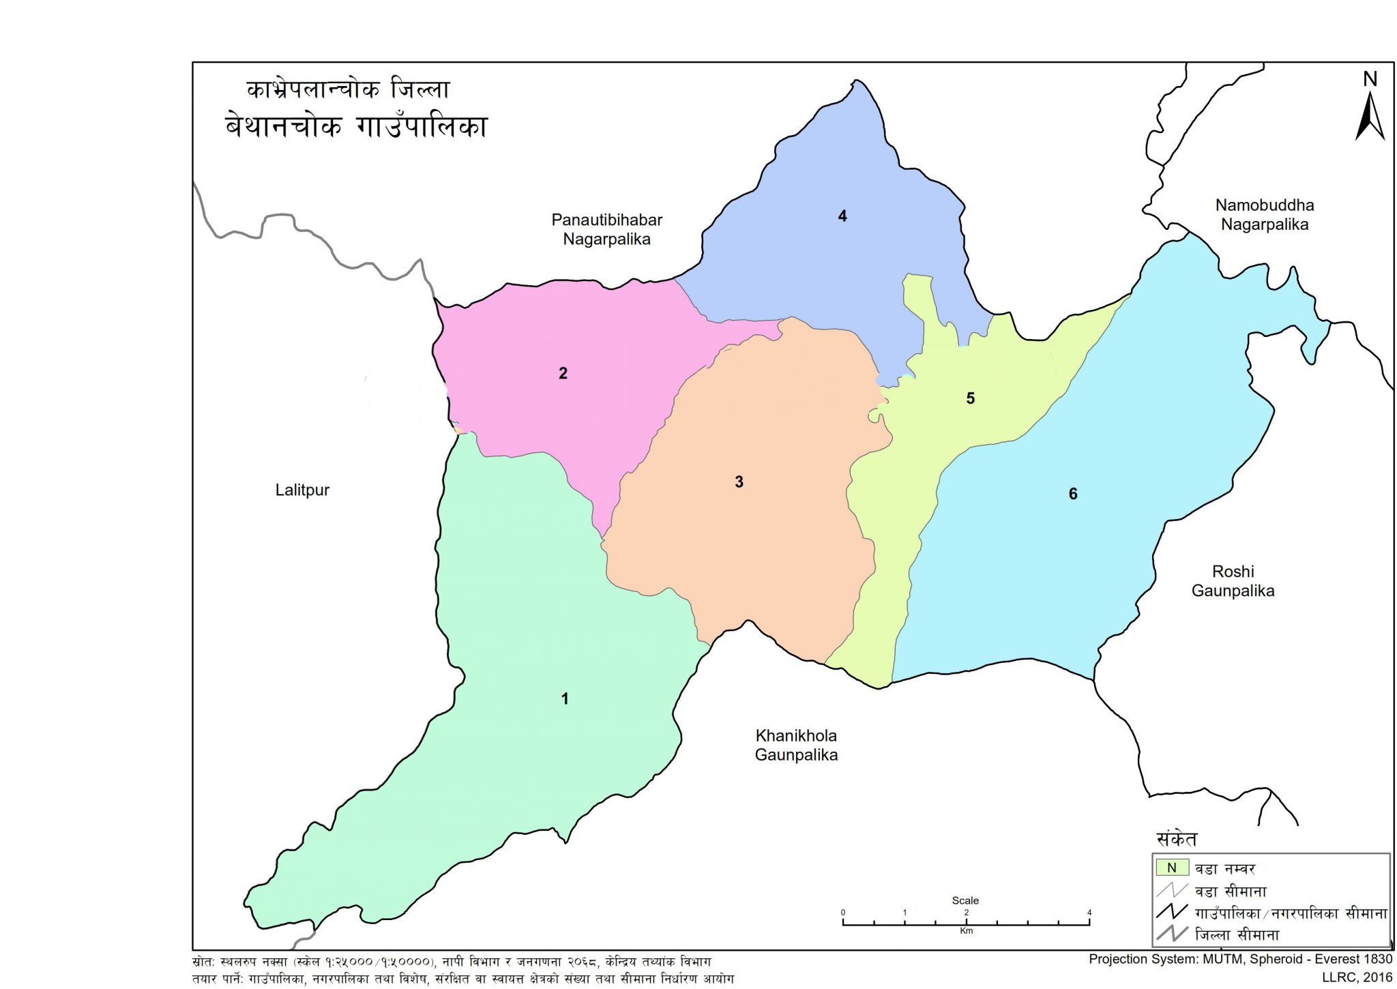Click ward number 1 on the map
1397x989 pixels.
(x=564, y=698)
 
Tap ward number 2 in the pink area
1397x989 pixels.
(x=563, y=373)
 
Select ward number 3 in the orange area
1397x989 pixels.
(x=739, y=482)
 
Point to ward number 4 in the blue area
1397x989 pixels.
(x=842, y=216)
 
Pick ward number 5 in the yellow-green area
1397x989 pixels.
(x=970, y=398)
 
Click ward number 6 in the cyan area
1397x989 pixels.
(x=1072, y=494)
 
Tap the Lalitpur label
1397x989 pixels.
(x=302, y=490)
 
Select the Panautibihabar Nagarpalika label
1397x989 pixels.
(x=606, y=230)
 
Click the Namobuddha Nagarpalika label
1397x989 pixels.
(x=1264, y=215)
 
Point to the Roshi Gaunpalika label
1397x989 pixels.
(x=1233, y=581)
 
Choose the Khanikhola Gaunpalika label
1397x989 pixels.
(x=795, y=745)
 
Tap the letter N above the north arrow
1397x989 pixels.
(x=1370, y=79)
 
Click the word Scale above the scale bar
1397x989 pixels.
(x=965, y=900)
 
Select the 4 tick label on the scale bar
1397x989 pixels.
(x=1089, y=913)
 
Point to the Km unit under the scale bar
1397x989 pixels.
(x=966, y=931)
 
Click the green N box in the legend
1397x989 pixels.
(x=1172, y=868)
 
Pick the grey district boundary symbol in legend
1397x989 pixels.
(x=1172, y=934)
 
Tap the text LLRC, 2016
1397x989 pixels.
(x=1357, y=977)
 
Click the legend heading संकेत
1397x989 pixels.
(x=1177, y=839)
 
